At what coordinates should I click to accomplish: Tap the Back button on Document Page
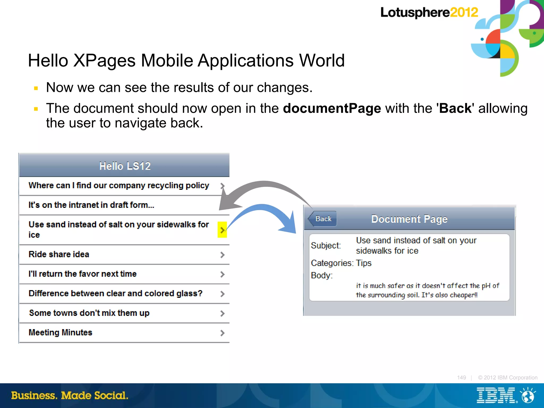(323, 219)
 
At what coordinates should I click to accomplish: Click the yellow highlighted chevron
(222, 230)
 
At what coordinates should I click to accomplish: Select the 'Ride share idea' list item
(59, 254)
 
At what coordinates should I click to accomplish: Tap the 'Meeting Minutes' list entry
(61, 332)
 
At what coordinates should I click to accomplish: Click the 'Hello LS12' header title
(125, 166)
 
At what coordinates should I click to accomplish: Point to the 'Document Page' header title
(409, 219)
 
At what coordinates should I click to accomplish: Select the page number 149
(461, 377)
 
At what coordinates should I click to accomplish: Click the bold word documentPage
(332, 108)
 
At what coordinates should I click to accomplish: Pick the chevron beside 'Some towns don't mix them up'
(222, 313)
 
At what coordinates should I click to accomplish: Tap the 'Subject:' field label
(326, 246)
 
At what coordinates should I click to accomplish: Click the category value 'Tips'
(364, 263)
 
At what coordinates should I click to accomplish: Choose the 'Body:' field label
(322, 276)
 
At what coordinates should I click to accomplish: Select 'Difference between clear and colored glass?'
(116, 293)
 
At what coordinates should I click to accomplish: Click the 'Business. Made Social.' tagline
(70, 396)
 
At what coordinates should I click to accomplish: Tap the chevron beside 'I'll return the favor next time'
(222, 274)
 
